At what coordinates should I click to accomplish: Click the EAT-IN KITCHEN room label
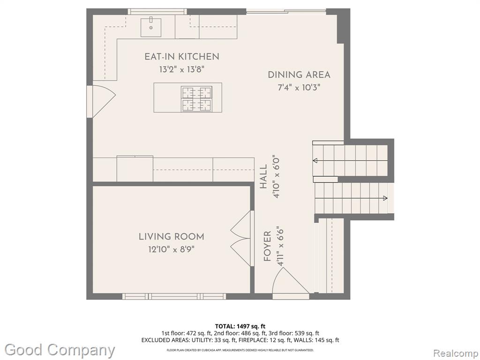182,57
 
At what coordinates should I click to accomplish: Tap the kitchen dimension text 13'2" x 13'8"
181,69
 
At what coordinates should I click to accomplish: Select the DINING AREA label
299,75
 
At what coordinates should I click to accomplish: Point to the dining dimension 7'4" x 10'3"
299,88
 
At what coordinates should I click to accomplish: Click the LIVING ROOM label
172,237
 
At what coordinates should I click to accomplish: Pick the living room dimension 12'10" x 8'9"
172,249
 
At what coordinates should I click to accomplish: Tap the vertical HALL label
263,177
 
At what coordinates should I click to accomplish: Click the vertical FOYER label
268,246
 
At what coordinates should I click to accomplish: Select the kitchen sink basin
151,27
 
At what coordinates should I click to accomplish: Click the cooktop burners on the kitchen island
196,99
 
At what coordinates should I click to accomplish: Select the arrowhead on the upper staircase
315,161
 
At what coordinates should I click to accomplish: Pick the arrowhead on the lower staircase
385,198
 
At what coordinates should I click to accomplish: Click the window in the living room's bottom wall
174,296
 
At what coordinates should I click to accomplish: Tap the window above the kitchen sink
157,12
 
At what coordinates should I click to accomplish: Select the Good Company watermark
60,350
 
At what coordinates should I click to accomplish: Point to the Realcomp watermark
456,353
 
